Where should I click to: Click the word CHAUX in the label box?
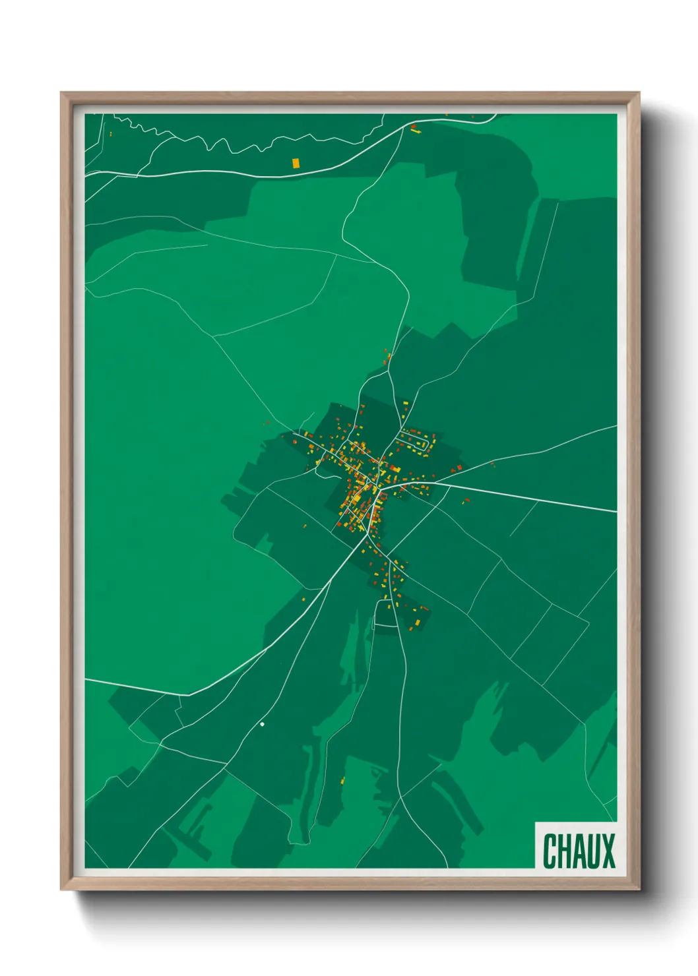[579, 851]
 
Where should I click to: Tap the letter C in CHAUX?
[549, 851]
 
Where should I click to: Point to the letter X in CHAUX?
[608, 851]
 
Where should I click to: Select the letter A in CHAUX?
[579, 851]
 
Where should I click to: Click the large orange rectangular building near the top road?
[296, 162]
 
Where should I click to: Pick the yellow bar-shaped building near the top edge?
[416, 131]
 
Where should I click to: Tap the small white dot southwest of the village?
[262, 724]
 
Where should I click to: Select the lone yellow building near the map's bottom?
[342, 781]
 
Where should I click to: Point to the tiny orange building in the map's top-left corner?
[111, 134]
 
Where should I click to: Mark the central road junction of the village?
[374, 487]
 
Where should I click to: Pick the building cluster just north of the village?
[387, 359]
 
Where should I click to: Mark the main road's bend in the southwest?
[189, 694]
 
